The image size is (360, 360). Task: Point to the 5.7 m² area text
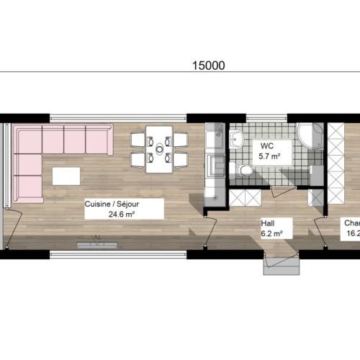tap(269, 155)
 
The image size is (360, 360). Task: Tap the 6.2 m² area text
tap(270, 233)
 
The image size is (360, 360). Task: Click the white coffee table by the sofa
tap(66, 176)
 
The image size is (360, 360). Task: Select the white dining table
tap(159, 149)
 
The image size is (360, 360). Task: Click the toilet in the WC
tap(245, 170)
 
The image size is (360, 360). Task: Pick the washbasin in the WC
tap(237, 140)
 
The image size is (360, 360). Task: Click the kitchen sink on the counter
tap(214, 165)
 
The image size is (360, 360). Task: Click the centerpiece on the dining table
tap(159, 149)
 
